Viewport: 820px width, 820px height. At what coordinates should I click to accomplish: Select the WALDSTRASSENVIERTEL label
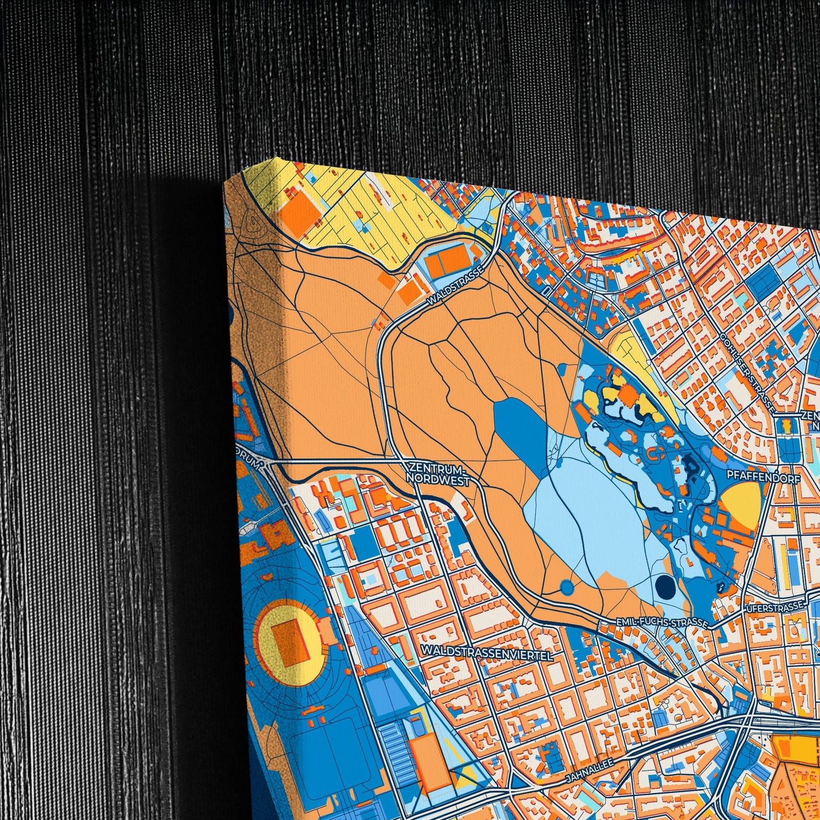coord(487,654)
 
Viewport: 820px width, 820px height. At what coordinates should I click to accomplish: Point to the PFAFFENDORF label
coord(765,478)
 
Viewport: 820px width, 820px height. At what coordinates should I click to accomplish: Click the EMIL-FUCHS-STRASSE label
coord(662,623)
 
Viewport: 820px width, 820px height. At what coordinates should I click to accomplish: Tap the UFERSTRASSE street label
coord(776,607)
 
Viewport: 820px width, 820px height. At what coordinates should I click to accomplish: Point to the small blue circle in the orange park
coord(566,587)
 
